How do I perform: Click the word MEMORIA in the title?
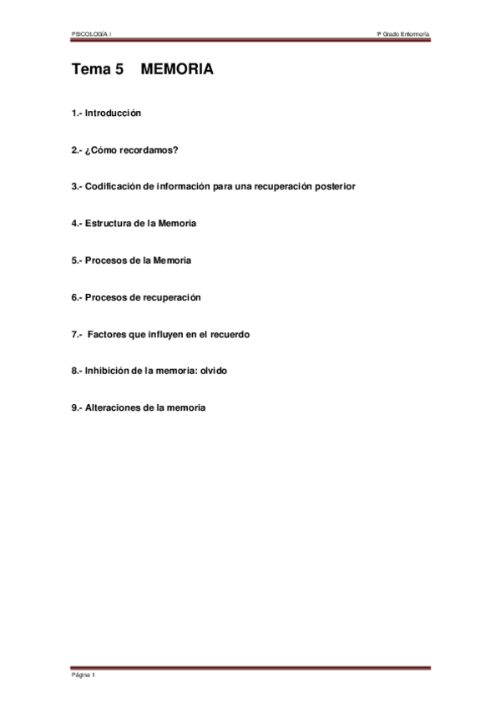pyautogui.click(x=177, y=70)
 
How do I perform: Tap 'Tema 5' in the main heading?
pyautogui.click(x=97, y=70)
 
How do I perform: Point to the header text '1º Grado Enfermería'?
pyautogui.click(x=403, y=33)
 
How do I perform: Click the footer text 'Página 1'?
pyautogui.click(x=83, y=675)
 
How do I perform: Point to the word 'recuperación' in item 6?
pyautogui.click(x=173, y=297)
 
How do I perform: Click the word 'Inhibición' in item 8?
pyautogui.click(x=107, y=371)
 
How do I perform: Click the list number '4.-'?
pyautogui.click(x=77, y=224)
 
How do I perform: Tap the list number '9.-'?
pyautogui.click(x=77, y=407)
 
